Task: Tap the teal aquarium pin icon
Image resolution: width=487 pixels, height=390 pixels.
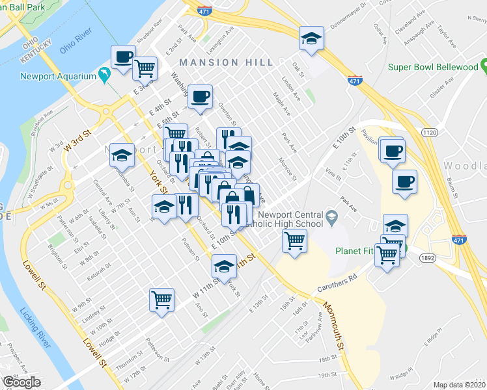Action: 104,76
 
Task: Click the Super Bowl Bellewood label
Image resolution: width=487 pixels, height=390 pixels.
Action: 433,67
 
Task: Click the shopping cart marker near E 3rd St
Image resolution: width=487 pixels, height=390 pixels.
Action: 145,68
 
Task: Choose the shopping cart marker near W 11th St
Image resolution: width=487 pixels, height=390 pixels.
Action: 162,300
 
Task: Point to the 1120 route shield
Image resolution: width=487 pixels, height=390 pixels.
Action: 429,132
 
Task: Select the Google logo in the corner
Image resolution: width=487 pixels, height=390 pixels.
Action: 22,382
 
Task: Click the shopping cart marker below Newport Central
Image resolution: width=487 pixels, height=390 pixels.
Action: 294,241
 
